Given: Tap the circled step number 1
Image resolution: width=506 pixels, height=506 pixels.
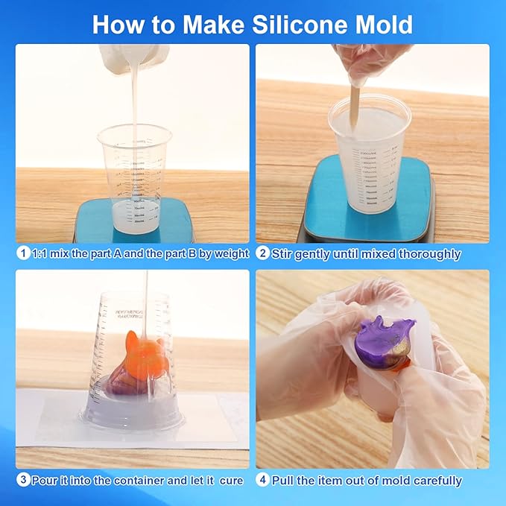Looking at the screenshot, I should (23, 254).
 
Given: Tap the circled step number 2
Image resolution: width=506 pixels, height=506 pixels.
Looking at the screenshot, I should (262, 254).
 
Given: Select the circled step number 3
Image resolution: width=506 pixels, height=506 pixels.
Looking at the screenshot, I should (23, 480).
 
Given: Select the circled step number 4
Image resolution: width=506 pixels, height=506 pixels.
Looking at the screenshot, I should (262, 480).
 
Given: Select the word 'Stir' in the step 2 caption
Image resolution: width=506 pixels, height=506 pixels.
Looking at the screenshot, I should (282, 254).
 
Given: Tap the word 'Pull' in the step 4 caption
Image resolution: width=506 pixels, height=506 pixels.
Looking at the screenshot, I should (284, 480).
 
